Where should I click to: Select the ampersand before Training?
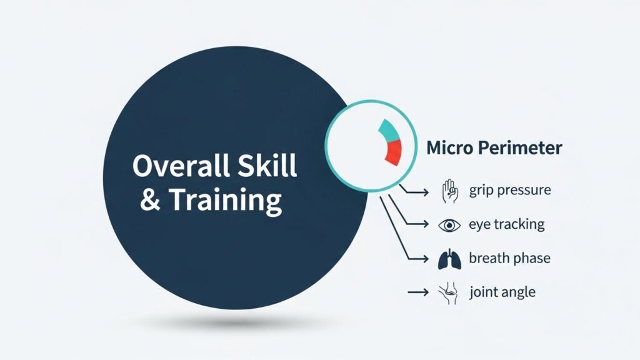click(x=150, y=199)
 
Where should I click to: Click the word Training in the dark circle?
click(x=225, y=201)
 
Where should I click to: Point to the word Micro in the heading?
click(x=449, y=147)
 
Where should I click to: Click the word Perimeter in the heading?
click(x=520, y=147)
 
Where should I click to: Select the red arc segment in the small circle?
click(x=394, y=152)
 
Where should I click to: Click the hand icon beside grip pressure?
click(x=449, y=191)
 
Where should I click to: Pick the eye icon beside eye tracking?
click(x=449, y=225)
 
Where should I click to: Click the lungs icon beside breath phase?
click(x=449, y=259)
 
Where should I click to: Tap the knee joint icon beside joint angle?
click(x=447, y=292)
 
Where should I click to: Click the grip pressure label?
click(x=510, y=191)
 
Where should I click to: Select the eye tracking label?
click(x=506, y=224)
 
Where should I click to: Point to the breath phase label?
click(x=509, y=258)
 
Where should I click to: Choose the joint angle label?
click(x=502, y=292)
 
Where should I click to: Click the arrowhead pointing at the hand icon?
click(x=426, y=192)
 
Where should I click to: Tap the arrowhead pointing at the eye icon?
click(x=426, y=224)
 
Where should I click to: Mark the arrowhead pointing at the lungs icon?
click(x=426, y=258)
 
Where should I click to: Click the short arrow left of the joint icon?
click(x=418, y=292)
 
